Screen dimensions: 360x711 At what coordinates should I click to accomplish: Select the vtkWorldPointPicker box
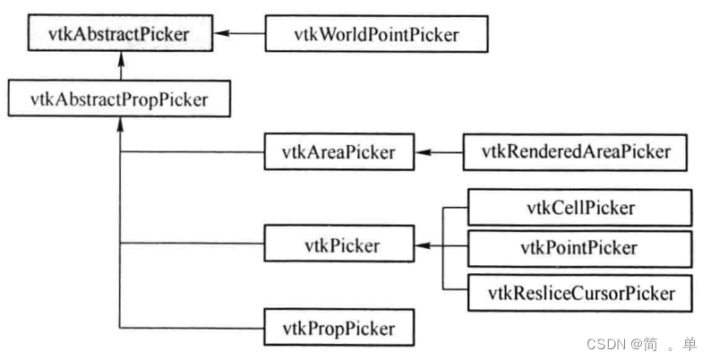(377, 34)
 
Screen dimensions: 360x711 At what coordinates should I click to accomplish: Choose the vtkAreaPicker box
(342, 151)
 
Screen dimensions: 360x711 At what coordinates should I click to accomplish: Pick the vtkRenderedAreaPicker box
(576, 151)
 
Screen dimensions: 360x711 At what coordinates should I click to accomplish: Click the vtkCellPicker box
(580, 208)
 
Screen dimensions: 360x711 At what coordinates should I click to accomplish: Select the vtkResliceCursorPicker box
(580, 292)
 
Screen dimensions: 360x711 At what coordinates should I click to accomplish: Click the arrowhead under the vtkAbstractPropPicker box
(119, 124)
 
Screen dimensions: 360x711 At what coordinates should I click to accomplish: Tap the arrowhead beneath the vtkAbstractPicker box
(119, 60)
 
